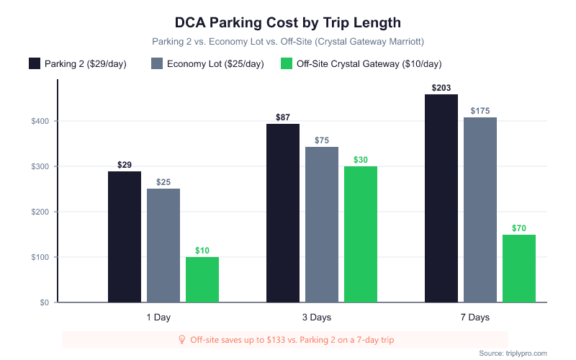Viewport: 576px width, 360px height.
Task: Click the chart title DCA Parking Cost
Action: tap(288, 23)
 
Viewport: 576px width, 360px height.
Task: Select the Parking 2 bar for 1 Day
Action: tap(125, 237)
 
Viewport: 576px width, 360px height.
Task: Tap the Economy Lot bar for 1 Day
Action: tap(163, 246)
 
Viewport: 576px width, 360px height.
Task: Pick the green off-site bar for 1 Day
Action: tap(202, 279)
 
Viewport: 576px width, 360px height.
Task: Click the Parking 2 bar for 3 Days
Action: tap(283, 213)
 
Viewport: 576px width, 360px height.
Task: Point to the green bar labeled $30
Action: tap(361, 234)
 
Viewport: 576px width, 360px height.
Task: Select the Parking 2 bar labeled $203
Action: tap(441, 198)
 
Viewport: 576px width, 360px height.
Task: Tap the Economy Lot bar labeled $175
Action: tap(480, 210)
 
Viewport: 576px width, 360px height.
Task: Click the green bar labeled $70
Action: tap(519, 269)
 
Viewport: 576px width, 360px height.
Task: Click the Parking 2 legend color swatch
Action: tap(35, 63)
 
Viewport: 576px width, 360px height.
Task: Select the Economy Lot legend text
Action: tap(215, 64)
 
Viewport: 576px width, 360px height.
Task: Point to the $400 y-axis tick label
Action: tap(40, 121)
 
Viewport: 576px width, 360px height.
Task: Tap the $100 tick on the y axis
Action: tap(40, 257)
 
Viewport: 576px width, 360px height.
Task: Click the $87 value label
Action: tap(283, 117)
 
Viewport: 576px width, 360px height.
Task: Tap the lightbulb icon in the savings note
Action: tap(181, 339)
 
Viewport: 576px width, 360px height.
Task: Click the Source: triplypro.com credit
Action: tap(513, 353)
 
